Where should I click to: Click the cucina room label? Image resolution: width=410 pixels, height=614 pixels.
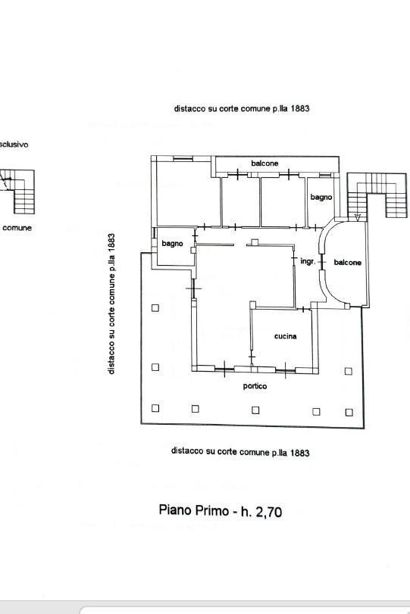pos(286,336)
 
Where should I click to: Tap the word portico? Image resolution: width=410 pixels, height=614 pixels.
pos(255,386)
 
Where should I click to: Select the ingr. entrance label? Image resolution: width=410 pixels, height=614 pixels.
pos(308,261)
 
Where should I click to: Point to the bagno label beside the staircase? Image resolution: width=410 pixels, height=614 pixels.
pos(321,197)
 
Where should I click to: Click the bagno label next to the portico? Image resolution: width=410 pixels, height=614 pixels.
pos(173,244)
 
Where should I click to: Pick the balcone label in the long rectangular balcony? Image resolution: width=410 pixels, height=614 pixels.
pos(264,164)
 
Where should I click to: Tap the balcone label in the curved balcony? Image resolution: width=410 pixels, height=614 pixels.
pos(347,263)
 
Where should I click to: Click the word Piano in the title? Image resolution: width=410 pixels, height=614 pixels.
pos(175,510)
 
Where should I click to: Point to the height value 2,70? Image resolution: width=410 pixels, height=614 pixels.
pos(268,512)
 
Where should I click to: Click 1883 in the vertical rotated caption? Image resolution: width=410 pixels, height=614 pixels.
pos(111,242)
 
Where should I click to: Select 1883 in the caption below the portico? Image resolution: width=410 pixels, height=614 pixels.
pos(300,453)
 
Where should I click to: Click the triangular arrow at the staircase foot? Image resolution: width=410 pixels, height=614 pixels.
pos(358,217)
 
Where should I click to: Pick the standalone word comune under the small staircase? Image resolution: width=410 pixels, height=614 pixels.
pos(17,228)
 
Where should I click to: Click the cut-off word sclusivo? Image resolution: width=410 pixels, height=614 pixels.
pos(14,145)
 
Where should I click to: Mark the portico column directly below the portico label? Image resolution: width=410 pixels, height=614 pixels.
pos(255,410)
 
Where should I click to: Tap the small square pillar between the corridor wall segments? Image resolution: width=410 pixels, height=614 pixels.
pos(255,242)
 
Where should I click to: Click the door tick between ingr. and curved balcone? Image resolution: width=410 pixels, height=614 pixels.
pos(322,262)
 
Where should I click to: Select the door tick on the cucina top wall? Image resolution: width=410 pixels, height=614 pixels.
pos(303,310)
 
